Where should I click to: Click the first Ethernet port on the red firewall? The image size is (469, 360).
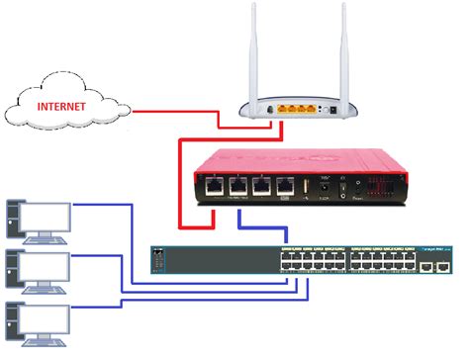(x=215, y=185)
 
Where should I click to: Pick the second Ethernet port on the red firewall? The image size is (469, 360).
(x=239, y=185)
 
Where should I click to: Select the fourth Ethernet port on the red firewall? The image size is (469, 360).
(x=287, y=185)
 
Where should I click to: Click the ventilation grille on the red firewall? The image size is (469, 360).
(x=381, y=186)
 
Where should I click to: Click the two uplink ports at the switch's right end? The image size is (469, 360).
(x=435, y=267)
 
